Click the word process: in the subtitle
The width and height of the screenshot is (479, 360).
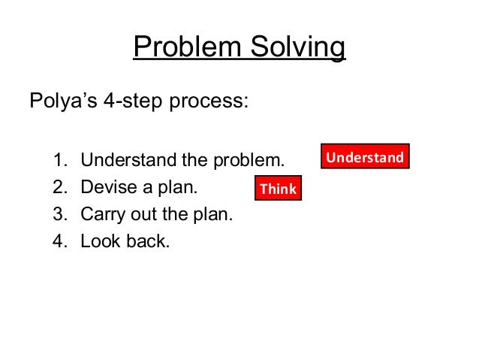(x=211, y=101)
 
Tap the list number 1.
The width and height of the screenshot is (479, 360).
(x=59, y=160)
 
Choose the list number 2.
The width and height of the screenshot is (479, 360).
(x=59, y=188)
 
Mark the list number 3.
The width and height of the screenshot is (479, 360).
(x=59, y=216)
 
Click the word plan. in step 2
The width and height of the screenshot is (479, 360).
(x=183, y=188)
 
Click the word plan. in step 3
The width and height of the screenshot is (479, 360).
(x=214, y=216)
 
